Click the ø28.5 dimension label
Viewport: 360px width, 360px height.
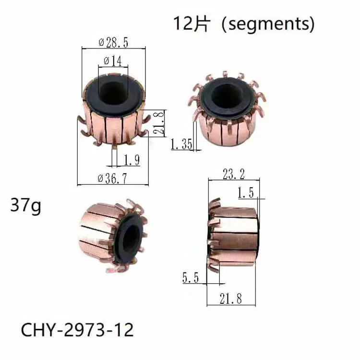click(113, 43)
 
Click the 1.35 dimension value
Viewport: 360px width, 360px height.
click(182, 144)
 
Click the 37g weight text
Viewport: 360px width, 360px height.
click(25, 206)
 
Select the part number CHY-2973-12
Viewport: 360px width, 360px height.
click(77, 330)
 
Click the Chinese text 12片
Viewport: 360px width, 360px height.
click(191, 24)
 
